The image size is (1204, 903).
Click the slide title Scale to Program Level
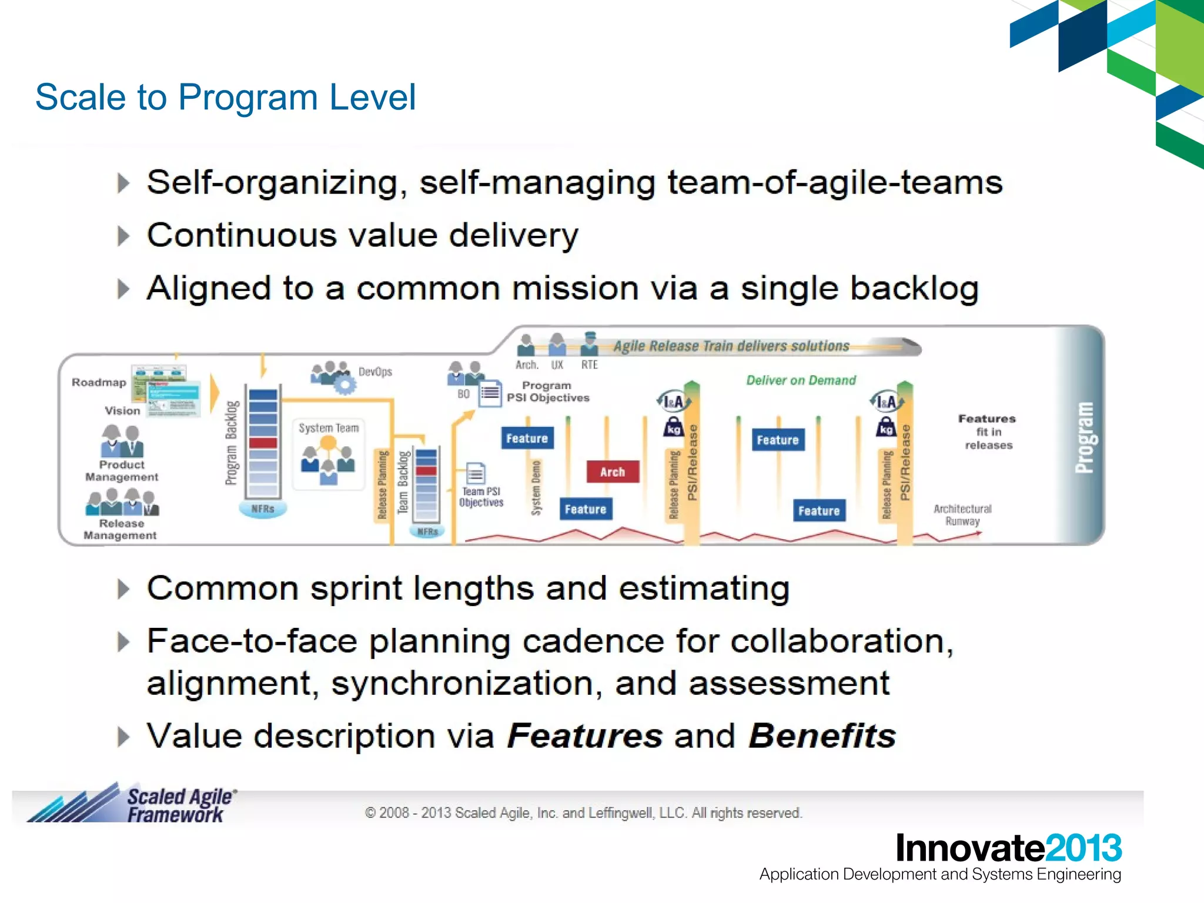(x=225, y=97)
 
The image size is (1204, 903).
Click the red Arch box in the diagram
(x=612, y=472)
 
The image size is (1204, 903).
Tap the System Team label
(x=328, y=428)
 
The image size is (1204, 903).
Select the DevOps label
(x=375, y=372)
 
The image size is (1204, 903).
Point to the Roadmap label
(x=99, y=382)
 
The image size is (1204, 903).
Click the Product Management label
(x=122, y=471)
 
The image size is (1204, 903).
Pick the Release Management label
(x=121, y=529)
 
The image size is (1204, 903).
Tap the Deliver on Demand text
(x=801, y=380)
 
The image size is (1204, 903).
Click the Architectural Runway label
(x=962, y=515)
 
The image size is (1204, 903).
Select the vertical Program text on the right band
(x=1084, y=437)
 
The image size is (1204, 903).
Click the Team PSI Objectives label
(x=481, y=497)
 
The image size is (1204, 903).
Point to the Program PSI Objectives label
(x=548, y=392)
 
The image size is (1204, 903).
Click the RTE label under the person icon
(x=589, y=365)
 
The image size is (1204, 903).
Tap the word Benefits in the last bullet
(x=822, y=736)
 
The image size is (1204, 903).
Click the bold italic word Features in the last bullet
(x=584, y=736)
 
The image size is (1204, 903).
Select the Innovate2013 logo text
(x=1008, y=848)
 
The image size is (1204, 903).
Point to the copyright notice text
(x=583, y=813)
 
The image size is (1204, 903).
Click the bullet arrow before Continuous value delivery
(x=123, y=236)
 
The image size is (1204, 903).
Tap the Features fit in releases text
(x=988, y=432)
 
